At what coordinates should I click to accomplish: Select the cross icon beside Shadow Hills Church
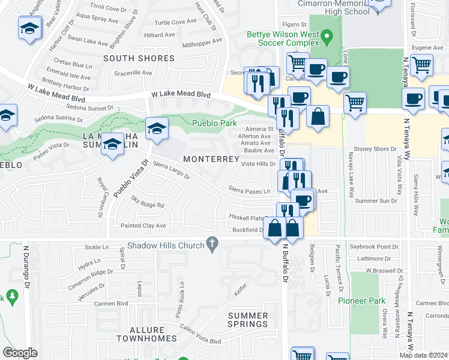[x=211, y=244]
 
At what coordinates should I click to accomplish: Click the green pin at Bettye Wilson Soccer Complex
[x=327, y=38]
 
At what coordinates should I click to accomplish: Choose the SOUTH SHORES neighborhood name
[x=139, y=59]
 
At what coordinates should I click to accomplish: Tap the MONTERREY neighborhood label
[x=211, y=159]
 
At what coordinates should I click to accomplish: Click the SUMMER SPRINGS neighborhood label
[x=248, y=320]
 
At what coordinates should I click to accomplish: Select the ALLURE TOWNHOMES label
[x=147, y=334]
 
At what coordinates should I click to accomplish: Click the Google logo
[x=20, y=353]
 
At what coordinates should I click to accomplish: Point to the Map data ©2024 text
[x=423, y=355]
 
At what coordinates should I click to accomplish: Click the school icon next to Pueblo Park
[x=157, y=129]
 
